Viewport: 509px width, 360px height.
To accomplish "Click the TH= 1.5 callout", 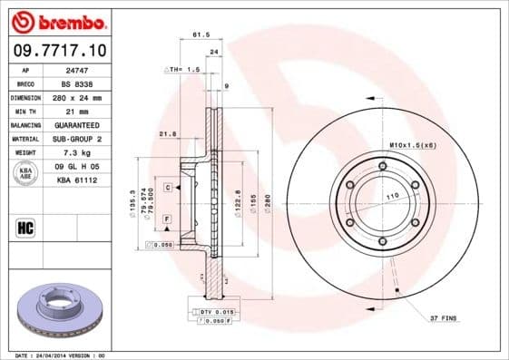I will click(183, 70).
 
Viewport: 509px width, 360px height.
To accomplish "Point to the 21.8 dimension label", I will click(167, 134).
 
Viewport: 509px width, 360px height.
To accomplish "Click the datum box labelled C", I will click(169, 188).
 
